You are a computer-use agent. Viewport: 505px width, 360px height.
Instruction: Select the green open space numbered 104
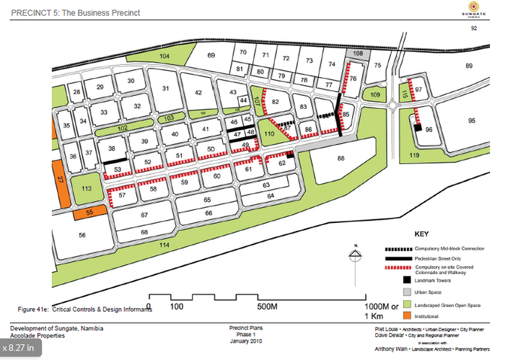coord(165,56)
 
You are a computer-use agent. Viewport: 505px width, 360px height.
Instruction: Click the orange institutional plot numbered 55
coord(90,213)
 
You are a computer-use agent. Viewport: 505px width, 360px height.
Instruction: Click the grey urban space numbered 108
coord(358,53)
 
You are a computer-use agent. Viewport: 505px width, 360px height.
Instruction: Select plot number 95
coord(472,120)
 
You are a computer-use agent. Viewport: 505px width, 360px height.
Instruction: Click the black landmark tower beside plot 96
coord(417,127)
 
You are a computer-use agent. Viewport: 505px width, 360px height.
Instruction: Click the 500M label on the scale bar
coord(267,307)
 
